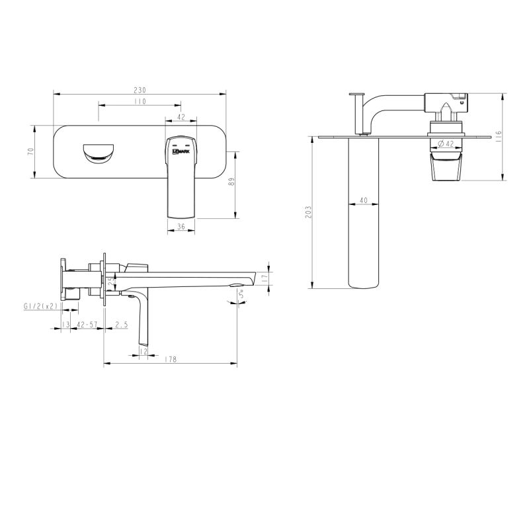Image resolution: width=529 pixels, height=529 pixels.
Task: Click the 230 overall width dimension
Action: (x=140, y=90)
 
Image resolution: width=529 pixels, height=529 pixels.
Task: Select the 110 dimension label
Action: (x=140, y=102)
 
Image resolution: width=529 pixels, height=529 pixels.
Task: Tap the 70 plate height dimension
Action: (x=30, y=151)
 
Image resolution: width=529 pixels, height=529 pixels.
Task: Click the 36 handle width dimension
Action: (x=181, y=227)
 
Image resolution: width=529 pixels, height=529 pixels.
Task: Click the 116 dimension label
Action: (x=499, y=137)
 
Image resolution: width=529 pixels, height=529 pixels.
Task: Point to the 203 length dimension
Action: (x=308, y=212)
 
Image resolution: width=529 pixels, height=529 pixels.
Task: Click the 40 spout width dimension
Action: (x=364, y=200)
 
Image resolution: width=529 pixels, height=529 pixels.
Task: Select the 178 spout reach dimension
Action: (x=170, y=359)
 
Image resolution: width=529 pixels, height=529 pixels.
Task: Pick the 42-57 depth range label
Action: (x=87, y=324)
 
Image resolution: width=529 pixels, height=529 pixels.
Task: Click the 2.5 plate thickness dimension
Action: (x=121, y=324)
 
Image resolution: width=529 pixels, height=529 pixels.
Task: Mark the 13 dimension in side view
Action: (x=65, y=324)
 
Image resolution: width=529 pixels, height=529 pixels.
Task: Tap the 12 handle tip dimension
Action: (x=143, y=352)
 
